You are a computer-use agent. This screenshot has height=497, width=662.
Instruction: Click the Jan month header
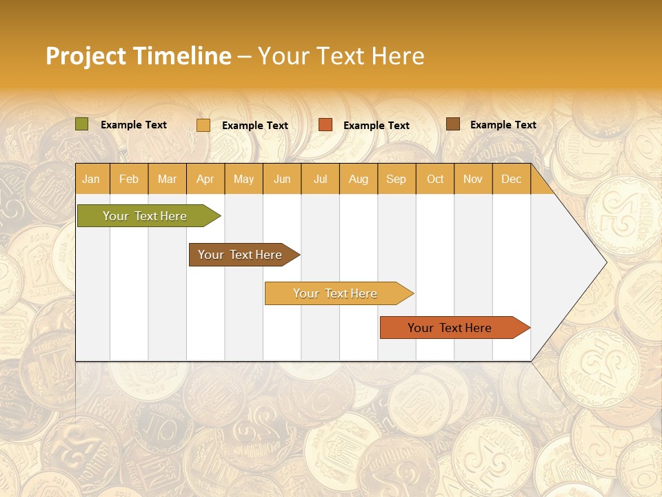(x=91, y=179)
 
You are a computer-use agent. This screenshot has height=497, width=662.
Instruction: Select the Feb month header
(x=129, y=179)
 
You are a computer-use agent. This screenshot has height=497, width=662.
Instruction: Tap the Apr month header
(x=205, y=179)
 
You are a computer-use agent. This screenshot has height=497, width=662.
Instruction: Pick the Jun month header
(x=282, y=179)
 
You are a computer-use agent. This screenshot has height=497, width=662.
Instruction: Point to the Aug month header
(x=358, y=179)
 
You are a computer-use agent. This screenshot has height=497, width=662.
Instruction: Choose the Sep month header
(x=396, y=179)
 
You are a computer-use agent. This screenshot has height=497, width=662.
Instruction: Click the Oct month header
(x=435, y=179)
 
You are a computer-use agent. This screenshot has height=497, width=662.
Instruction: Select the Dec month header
(x=511, y=179)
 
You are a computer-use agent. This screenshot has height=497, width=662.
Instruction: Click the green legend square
(x=81, y=124)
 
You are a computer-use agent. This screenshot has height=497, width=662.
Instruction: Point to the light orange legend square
(x=203, y=125)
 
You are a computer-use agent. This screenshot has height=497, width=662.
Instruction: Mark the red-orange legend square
(x=325, y=125)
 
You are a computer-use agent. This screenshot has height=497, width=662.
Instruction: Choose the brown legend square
(x=453, y=124)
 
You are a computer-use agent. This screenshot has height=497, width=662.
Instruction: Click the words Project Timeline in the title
(x=139, y=56)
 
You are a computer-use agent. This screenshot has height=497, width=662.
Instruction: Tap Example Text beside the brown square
(x=503, y=125)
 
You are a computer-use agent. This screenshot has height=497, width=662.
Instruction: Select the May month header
(x=243, y=179)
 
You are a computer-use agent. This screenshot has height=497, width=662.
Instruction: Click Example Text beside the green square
(x=134, y=125)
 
